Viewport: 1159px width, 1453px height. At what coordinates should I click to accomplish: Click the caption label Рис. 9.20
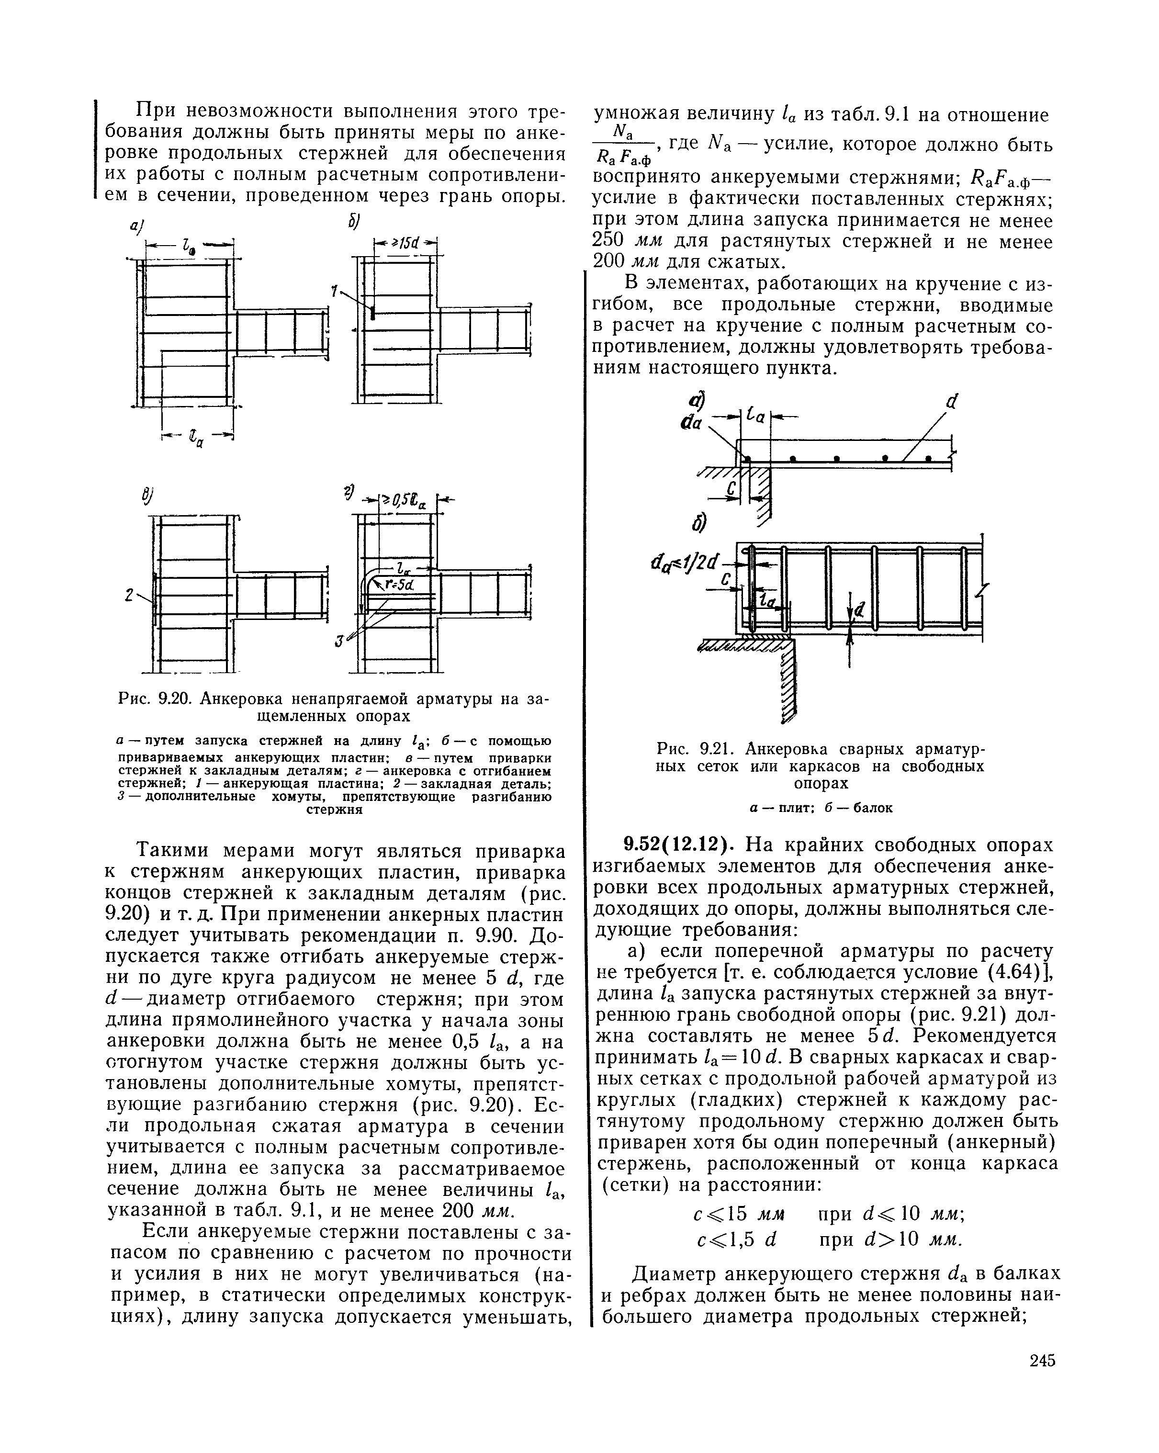pos(157,698)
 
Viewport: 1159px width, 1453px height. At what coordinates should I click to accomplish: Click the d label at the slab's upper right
pos(951,402)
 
